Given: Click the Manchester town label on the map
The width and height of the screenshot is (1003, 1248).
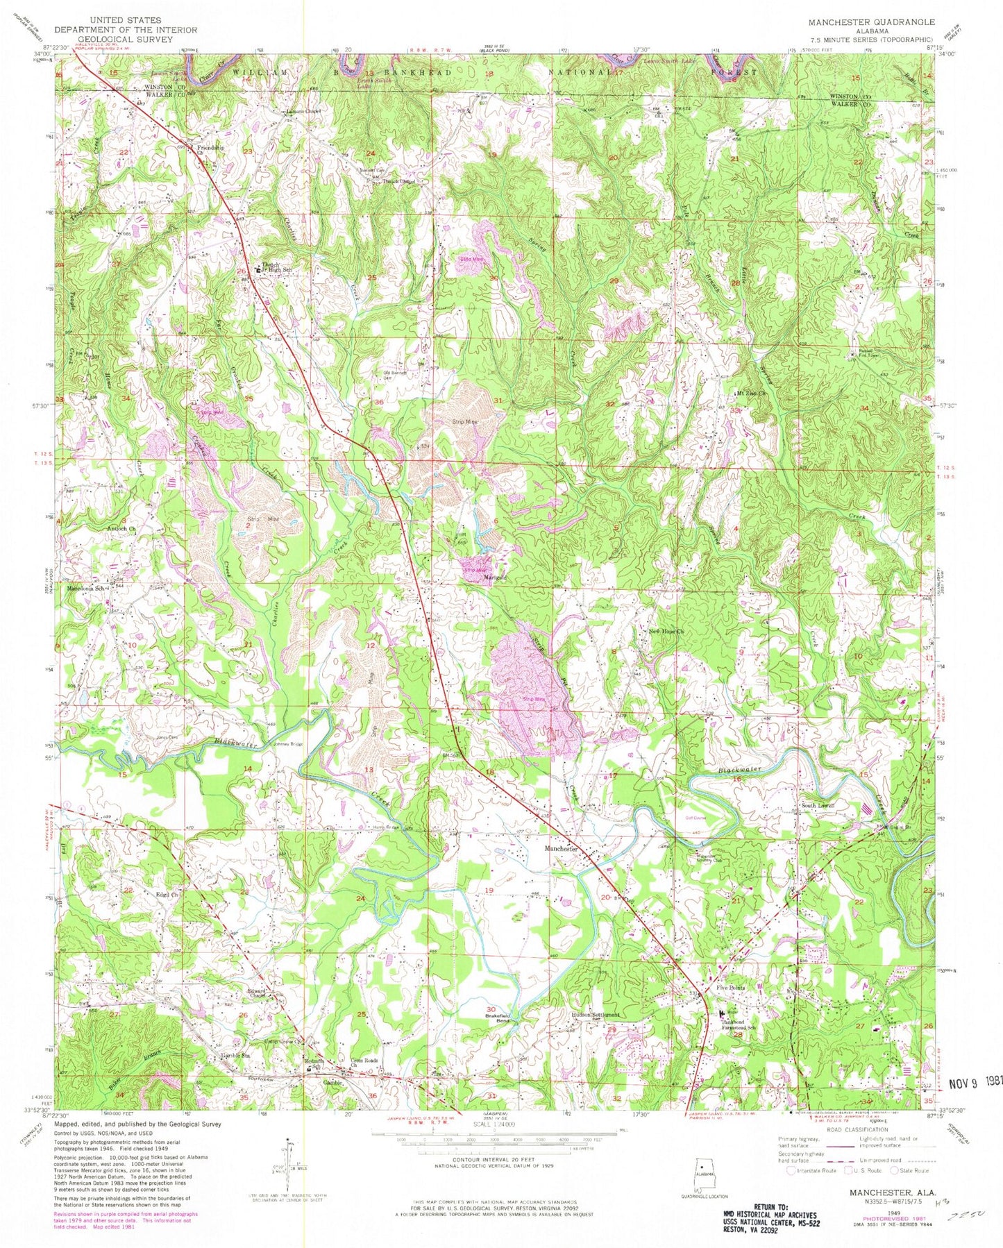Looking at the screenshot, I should click(562, 849).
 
